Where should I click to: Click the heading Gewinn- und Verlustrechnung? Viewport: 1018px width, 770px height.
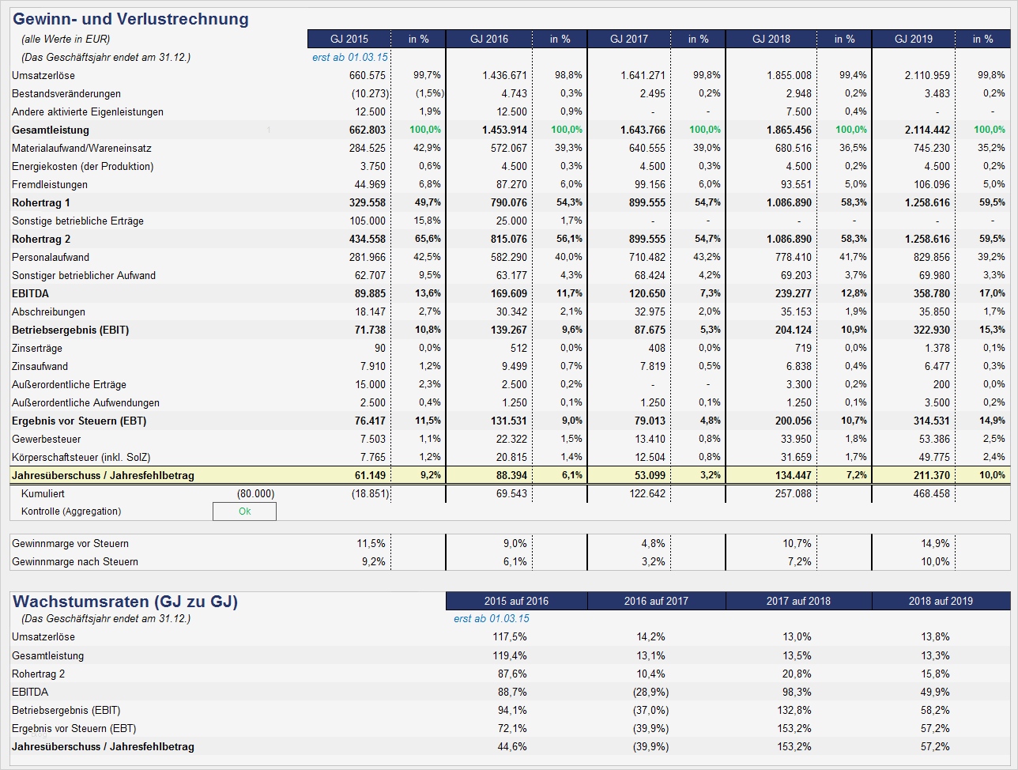131,19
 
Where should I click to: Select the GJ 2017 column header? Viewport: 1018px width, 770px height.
628,39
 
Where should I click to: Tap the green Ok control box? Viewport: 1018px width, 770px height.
244,511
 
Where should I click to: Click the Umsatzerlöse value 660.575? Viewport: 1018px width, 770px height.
367,75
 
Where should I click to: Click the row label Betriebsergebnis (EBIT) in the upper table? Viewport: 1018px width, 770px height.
70,330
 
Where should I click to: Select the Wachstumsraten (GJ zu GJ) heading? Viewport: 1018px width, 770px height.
126,602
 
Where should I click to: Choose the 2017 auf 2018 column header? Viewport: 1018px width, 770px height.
798,601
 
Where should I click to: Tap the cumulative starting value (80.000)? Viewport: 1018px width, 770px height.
255,493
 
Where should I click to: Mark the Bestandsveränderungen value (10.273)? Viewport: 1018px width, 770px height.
365,93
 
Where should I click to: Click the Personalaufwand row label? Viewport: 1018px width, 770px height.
51,257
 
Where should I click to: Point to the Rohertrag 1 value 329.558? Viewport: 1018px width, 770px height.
367,202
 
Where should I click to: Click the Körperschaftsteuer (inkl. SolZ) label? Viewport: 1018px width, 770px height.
81,457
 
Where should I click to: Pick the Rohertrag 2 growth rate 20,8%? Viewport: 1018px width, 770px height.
796,674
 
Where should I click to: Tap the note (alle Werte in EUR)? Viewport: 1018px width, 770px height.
66,39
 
